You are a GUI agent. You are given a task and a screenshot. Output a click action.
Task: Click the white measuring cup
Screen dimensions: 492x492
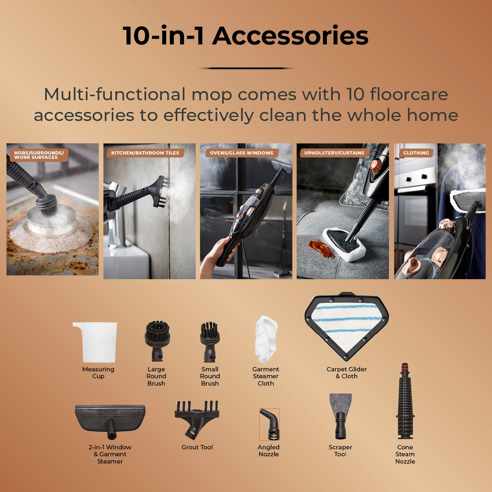(x=96, y=342)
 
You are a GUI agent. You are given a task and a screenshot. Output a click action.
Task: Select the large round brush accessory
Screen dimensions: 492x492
(x=157, y=340)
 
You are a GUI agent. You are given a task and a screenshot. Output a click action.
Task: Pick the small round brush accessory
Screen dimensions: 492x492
(x=210, y=340)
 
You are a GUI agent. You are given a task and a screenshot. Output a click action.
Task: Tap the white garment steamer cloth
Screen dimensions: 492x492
(x=266, y=339)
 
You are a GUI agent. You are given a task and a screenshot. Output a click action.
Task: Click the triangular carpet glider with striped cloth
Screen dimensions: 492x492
(x=347, y=325)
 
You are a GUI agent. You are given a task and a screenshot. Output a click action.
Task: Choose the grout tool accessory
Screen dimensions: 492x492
(x=197, y=418)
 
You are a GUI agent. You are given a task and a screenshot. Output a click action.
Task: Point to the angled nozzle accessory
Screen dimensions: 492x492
(x=270, y=424)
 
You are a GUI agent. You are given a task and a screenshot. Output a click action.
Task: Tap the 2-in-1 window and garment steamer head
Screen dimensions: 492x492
(x=110, y=419)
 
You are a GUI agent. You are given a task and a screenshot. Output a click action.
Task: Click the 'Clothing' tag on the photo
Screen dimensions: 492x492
(x=416, y=153)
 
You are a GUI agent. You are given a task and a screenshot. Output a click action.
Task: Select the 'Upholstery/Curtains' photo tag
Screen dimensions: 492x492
(x=334, y=153)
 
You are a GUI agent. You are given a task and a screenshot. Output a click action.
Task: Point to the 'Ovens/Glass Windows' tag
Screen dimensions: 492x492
(x=242, y=153)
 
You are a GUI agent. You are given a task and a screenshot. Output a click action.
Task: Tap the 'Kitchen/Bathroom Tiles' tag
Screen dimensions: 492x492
(x=145, y=153)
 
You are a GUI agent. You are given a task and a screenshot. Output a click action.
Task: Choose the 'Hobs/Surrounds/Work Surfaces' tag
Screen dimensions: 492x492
(x=39, y=155)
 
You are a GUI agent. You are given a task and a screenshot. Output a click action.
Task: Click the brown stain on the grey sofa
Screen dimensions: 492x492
(x=321, y=248)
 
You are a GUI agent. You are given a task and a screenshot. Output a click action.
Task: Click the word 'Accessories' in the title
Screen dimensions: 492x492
(x=290, y=36)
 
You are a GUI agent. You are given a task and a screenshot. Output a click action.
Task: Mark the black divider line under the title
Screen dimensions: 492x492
(x=246, y=68)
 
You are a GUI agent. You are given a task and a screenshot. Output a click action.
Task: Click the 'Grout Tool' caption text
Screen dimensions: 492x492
(x=197, y=447)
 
